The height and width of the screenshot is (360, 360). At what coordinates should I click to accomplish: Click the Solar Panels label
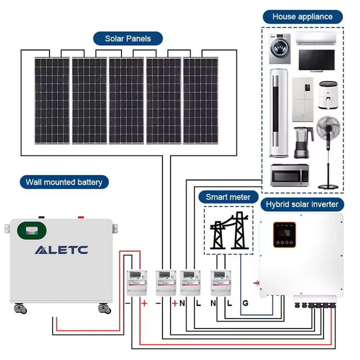click(x=128, y=39)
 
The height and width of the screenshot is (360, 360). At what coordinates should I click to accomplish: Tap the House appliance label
click(x=302, y=17)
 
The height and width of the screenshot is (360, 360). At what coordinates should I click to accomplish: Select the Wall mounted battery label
click(x=64, y=182)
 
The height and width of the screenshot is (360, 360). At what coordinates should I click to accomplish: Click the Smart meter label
click(x=228, y=197)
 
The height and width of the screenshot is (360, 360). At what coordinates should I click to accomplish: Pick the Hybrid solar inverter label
click(x=302, y=204)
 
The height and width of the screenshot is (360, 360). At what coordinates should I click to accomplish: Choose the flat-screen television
click(x=316, y=60)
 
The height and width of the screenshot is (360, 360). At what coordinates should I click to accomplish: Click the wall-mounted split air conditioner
click(x=316, y=38)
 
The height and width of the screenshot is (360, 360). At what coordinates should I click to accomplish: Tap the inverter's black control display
click(x=284, y=234)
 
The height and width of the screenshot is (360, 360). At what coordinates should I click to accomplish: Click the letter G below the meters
click(x=245, y=303)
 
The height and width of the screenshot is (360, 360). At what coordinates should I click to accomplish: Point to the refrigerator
click(x=302, y=100)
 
